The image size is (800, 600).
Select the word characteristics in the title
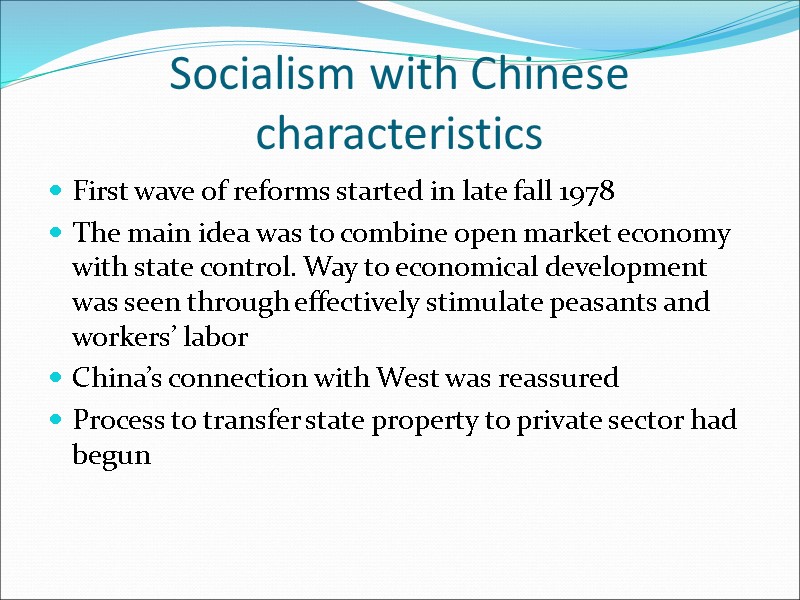point(399,132)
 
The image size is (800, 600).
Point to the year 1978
point(586,191)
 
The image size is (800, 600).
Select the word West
point(407,379)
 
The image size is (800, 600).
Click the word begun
point(111,456)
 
